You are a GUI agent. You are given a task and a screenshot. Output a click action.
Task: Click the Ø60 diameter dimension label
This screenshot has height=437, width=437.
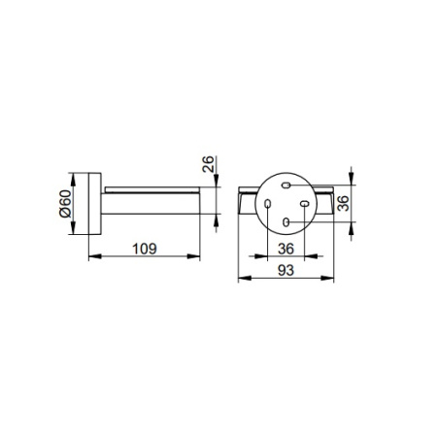[65, 204]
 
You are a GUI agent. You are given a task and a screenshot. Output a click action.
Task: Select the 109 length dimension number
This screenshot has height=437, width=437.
[145, 249]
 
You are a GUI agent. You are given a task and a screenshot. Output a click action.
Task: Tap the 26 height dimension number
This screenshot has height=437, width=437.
[208, 164]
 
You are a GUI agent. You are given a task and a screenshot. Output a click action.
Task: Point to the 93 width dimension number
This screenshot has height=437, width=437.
[286, 270]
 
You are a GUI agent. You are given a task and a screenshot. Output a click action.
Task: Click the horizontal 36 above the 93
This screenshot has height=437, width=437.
[286, 249]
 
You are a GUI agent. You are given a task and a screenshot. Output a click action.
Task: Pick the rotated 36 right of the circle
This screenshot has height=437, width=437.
[343, 203]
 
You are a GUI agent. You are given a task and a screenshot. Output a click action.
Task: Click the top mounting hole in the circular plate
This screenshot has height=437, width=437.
[286, 185]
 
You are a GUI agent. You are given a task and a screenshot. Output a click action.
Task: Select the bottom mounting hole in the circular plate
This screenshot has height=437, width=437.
[286, 222]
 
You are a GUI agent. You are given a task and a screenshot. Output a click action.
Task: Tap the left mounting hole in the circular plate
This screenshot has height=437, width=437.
[267, 204]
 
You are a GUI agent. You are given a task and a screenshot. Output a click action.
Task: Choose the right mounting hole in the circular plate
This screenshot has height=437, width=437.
[304, 204]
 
